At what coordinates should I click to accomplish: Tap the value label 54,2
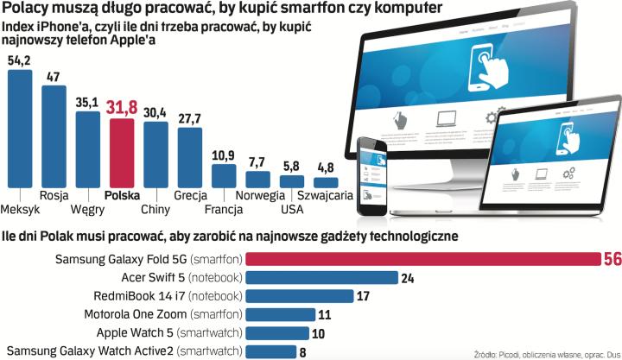[x=19, y=60]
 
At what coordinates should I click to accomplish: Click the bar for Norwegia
[x=257, y=180]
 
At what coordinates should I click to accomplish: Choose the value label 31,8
[x=122, y=108]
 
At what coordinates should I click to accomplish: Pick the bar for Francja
[x=224, y=175]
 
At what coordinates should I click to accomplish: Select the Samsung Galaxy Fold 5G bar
[x=422, y=259]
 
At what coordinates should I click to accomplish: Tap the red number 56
[x=611, y=259]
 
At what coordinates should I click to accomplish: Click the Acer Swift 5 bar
[x=321, y=277]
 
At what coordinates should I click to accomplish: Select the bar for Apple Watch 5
[x=277, y=333]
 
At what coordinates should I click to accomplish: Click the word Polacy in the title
[x=27, y=9]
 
